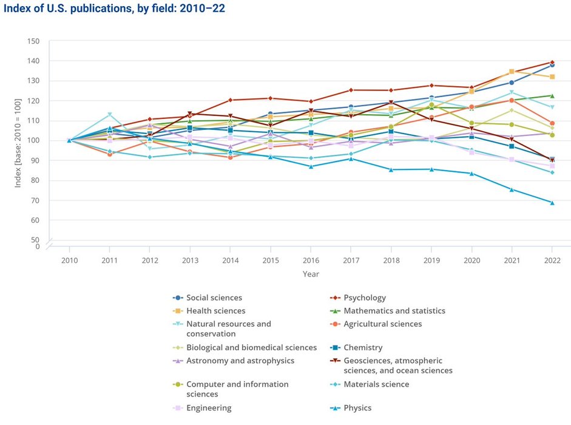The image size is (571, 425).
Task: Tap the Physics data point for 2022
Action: coord(552,203)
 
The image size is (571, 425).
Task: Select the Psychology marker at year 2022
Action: coord(552,63)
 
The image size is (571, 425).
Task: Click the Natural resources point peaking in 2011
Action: coord(110,115)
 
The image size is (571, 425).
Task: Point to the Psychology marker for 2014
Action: coord(231,100)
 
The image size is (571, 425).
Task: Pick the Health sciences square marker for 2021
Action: coord(512,72)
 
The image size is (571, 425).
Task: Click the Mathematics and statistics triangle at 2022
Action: coord(552,95)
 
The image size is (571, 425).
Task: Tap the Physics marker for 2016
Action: coord(311,166)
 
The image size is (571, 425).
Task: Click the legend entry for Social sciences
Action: coord(214,297)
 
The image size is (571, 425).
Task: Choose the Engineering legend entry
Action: coord(209,408)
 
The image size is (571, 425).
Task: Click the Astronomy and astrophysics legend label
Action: coord(240,361)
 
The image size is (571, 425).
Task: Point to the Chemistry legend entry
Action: coord(362,348)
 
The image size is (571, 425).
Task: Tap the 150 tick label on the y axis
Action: coord(33,41)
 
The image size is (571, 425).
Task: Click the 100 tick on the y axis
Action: coord(33,141)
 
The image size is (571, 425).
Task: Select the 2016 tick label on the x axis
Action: coord(311,259)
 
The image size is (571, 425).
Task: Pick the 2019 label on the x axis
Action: coord(431,259)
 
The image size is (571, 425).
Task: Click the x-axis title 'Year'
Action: coord(311,274)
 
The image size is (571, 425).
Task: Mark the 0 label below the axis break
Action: coord(37,246)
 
